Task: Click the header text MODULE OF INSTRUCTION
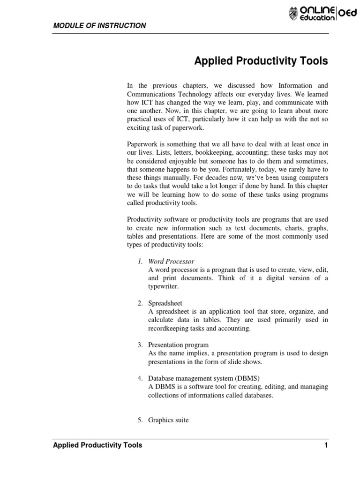click(x=99, y=25)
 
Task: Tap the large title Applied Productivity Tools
click(x=261, y=61)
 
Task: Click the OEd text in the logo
click(x=347, y=15)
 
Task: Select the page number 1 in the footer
click(x=326, y=445)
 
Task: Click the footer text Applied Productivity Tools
click(x=97, y=445)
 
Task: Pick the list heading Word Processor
click(x=171, y=261)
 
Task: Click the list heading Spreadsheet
click(x=165, y=303)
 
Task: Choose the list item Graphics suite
click(x=168, y=420)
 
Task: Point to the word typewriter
click(x=164, y=286)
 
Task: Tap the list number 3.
click(x=140, y=345)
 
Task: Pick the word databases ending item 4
click(x=255, y=395)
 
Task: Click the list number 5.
click(x=140, y=420)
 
